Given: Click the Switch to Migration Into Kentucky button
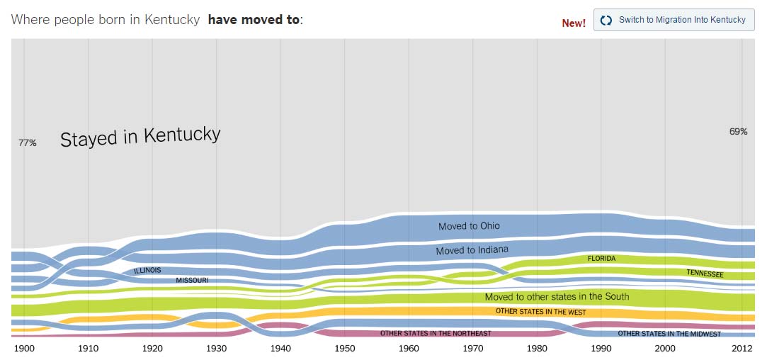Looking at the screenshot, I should tap(674, 20).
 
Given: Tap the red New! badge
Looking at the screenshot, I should tap(574, 23).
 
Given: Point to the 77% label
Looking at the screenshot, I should tap(28, 142).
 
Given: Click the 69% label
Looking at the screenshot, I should tap(738, 131).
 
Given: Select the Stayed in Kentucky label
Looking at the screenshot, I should tap(140, 136).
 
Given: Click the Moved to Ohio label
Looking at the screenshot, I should tap(469, 226).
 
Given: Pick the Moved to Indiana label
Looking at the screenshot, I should tap(472, 250).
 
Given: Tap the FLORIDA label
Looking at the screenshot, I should tap(601, 259).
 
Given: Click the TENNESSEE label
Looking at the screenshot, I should tap(705, 273).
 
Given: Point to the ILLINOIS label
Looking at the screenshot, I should tap(147, 270).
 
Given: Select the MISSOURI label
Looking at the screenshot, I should tap(192, 281).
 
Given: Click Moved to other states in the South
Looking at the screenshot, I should tap(557, 297).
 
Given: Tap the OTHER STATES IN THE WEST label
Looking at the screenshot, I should tap(540, 312).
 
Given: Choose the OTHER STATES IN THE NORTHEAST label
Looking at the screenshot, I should tap(436, 333).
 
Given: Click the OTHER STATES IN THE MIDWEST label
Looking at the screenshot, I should tap(669, 334).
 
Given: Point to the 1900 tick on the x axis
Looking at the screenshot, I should tap(24, 349).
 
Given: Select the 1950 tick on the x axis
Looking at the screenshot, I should tap(345, 349).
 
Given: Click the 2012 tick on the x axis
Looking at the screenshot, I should tap(742, 349).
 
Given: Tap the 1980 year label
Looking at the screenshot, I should tap(537, 349).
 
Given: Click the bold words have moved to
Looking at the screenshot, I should tap(254, 19).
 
